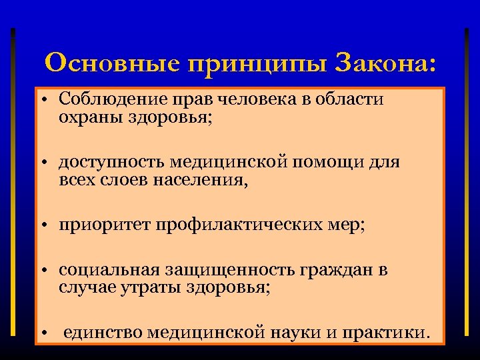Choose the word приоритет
click(104, 225)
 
